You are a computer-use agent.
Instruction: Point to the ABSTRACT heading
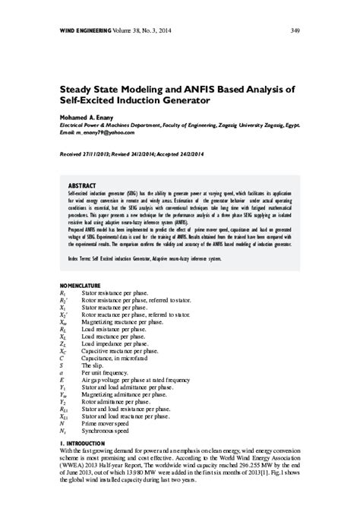[82, 185]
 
